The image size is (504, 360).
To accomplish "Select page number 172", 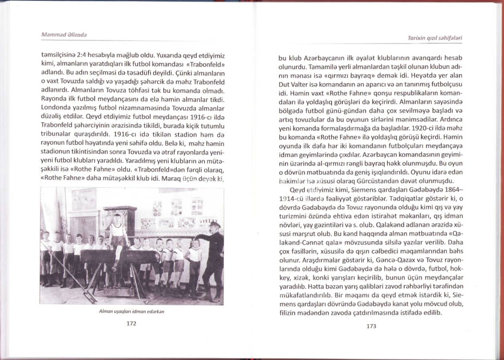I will coord(132,325).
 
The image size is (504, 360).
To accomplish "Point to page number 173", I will coord(371,326).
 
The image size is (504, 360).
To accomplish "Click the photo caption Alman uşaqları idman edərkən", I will coord(132,311).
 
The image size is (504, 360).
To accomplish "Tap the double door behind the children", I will coord(84,229).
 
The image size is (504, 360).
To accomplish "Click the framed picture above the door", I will coord(84,199).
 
